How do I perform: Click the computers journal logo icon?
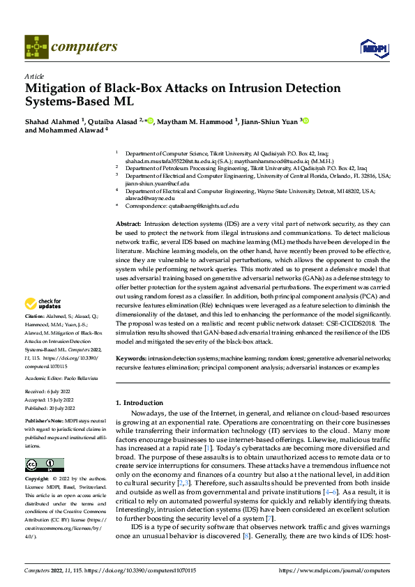pos(36,47)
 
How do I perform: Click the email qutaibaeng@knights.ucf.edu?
pos(199,206)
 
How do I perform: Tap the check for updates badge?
pos(43,304)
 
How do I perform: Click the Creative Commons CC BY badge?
pos(44,465)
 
